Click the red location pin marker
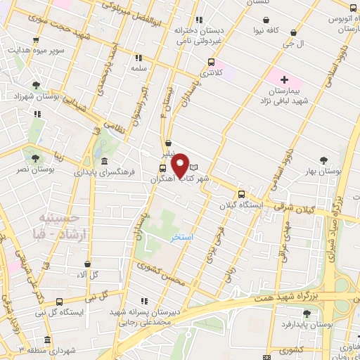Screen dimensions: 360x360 [181, 165]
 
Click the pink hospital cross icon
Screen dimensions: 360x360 [285, 80]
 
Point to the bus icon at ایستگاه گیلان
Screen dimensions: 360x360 [242, 195]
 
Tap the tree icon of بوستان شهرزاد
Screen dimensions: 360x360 [35, 86]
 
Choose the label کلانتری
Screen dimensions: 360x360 [212, 72]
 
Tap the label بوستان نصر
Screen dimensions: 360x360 [36, 170]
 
